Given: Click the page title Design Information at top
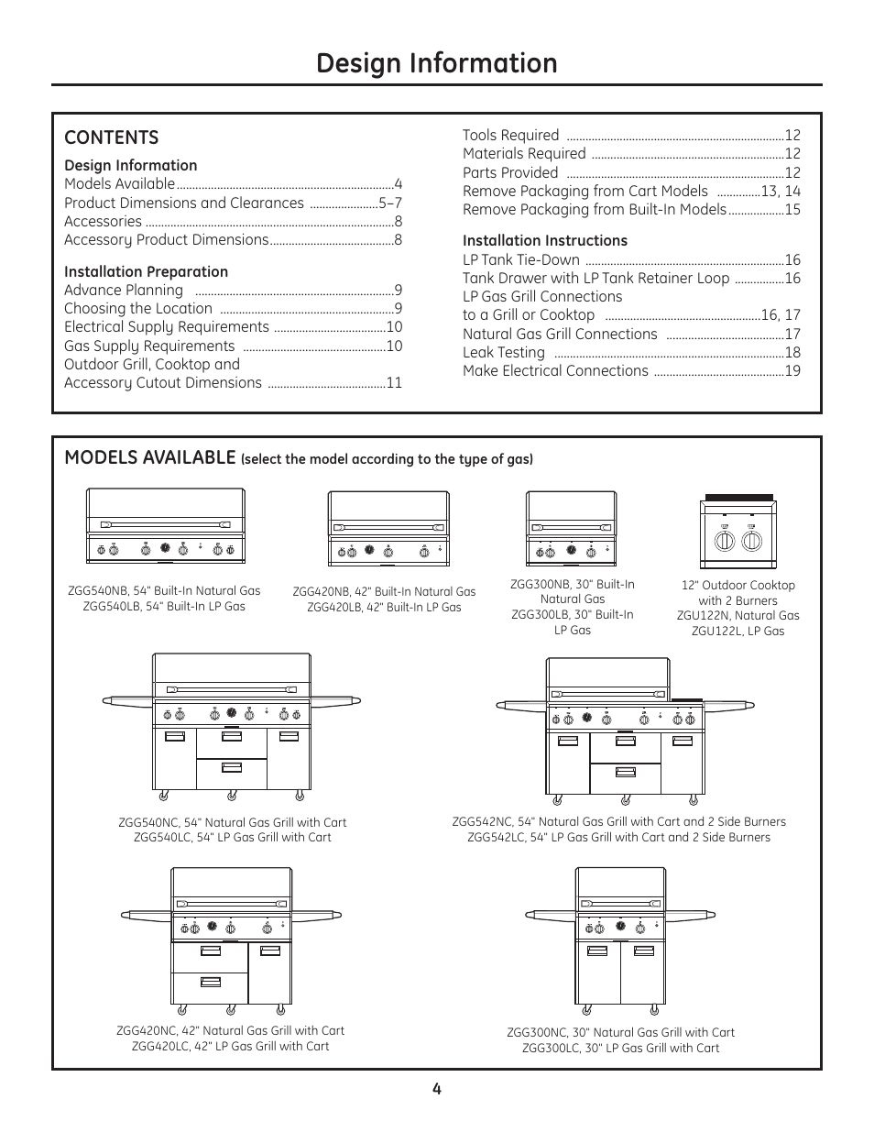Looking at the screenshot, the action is [437, 63].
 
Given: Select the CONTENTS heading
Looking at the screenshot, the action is [112, 137].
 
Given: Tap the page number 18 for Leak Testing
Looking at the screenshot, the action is [792, 353].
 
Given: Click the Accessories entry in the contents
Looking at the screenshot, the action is [104, 222].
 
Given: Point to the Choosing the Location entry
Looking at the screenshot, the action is [138, 308].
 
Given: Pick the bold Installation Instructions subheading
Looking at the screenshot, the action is [545, 241].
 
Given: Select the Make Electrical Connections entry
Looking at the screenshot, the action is [555, 371].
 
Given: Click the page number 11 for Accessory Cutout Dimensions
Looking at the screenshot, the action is [394, 383].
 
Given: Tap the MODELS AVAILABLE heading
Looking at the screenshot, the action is [150, 457].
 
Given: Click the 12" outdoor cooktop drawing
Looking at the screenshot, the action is [738, 532].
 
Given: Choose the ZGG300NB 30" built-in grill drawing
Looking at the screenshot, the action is [571, 528].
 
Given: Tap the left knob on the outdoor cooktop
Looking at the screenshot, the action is [724, 542].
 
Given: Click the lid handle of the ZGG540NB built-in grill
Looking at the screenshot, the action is [166, 524].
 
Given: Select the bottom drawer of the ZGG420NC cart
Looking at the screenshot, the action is [210, 988].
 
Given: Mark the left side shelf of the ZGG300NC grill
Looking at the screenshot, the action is [551, 914].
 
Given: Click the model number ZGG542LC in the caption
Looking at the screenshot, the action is [496, 837].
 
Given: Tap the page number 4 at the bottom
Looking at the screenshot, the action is [437, 1089].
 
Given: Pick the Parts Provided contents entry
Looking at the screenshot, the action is [510, 172].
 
